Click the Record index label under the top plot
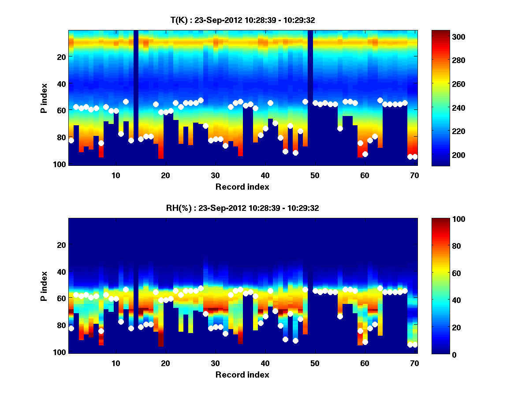tap(242, 187)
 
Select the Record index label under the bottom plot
tap(242, 375)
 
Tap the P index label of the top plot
tap(44, 98)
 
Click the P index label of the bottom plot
tap(44, 286)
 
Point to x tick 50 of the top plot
tap(315, 175)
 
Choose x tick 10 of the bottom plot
tap(115, 363)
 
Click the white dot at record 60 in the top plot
tap(365, 154)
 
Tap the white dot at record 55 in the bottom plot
tap(340, 316)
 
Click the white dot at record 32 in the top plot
tap(225, 146)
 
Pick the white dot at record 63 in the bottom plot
tap(380, 288)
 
